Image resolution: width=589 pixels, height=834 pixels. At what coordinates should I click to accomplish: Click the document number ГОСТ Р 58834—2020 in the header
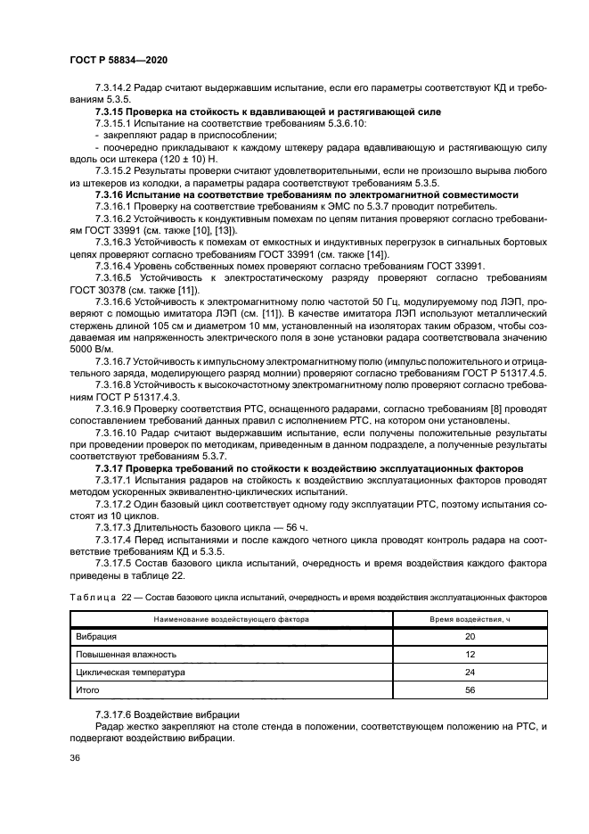(119, 58)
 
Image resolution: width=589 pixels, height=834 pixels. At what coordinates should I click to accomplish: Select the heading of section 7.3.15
(266, 111)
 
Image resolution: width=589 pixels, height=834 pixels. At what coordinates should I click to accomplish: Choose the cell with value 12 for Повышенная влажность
(469, 654)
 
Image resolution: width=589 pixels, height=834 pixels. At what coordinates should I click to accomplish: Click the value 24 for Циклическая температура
(469, 672)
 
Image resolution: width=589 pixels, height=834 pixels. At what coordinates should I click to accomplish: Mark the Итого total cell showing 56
(469, 689)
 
